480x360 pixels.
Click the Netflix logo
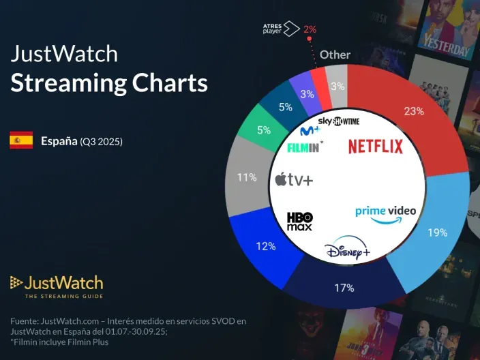(x=376, y=146)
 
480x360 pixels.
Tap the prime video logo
(x=385, y=211)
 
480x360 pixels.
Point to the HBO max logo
(x=299, y=221)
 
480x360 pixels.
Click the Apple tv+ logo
(x=294, y=179)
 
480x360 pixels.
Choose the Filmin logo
(x=305, y=146)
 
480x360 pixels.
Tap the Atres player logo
(x=281, y=29)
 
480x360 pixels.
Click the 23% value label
(x=413, y=111)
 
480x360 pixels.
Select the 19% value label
(x=436, y=232)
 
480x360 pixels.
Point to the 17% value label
(x=344, y=288)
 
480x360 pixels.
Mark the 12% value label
(x=265, y=245)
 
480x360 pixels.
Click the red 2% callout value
(x=310, y=29)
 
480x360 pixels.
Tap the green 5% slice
(x=262, y=129)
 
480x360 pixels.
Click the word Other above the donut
(x=335, y=55)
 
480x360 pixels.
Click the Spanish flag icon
(x=21, y=141)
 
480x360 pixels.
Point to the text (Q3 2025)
(x=101, y=142)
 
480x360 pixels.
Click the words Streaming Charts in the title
(x=108, y=82)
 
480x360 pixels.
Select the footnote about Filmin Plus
(x=59, y=342)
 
